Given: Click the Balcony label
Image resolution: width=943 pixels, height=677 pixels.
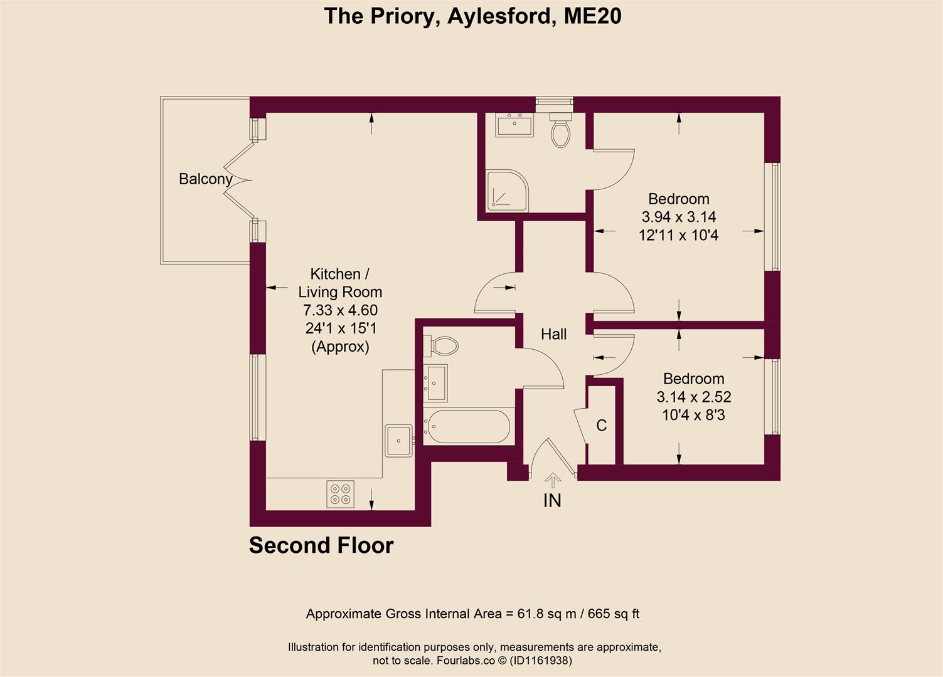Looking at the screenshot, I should (x=206, y=179).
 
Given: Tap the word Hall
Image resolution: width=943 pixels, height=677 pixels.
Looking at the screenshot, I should (x=553, y=334).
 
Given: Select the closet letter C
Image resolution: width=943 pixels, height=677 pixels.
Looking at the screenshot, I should (x=601, y=426).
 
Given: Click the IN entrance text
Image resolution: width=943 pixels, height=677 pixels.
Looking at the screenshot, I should (x=552, y=500).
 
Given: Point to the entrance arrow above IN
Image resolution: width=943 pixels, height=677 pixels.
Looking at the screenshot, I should (x=552, y=480).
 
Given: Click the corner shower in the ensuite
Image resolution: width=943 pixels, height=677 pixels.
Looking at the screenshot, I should (x=507, y=189).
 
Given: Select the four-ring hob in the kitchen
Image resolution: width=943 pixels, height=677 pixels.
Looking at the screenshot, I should (x=340, y=493).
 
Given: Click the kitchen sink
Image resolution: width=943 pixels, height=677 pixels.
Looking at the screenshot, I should (x=398, y=440).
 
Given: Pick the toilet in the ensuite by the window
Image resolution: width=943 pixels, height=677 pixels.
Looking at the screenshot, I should (x=560, y=130).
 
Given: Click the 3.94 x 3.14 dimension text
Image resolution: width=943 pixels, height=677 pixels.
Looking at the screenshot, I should (x=678, y=217).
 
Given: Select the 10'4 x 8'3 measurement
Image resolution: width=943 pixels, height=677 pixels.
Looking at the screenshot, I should (x=693, y=415).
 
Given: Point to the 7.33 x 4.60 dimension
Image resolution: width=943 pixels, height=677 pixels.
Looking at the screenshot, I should (x=340, y=310).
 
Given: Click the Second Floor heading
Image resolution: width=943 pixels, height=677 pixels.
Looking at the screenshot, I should (x=321, y=545).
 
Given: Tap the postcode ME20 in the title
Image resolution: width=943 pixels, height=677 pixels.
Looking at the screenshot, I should (x=592, y=16).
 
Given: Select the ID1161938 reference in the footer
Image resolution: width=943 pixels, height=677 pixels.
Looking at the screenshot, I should (x=540, y=661).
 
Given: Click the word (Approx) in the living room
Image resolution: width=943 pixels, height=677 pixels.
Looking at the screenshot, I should (x=340, y=346).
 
